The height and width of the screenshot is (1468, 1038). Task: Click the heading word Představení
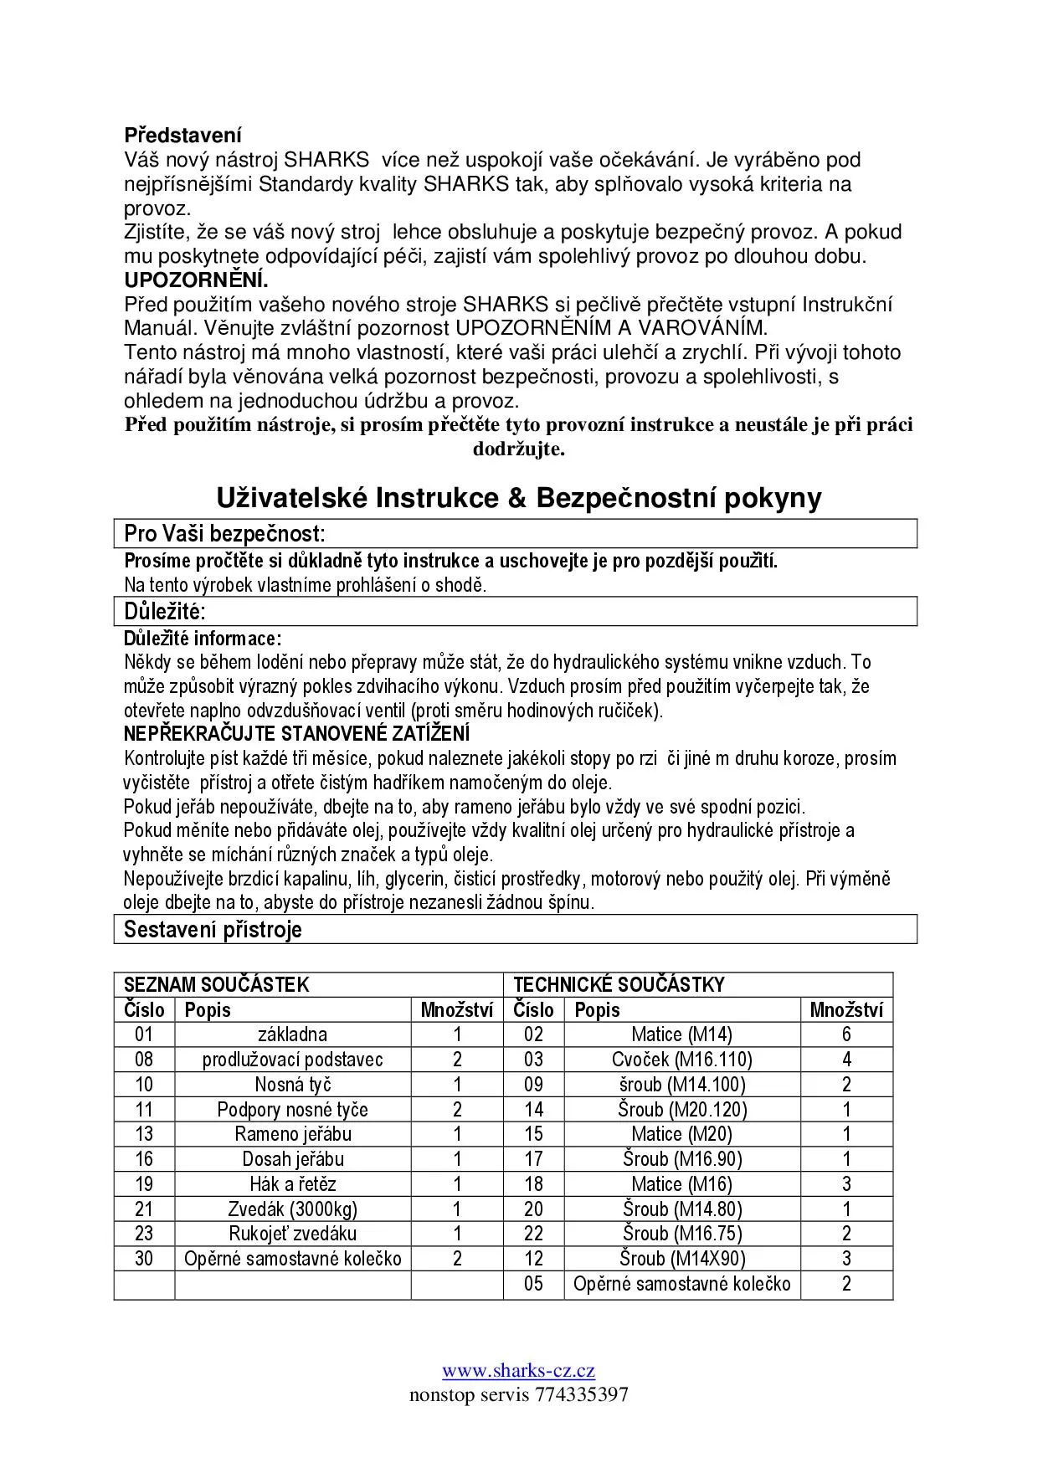[182, 135]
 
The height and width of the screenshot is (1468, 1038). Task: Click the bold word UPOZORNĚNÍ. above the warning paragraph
[196, 280]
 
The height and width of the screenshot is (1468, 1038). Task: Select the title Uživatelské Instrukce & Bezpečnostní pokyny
[519, 498]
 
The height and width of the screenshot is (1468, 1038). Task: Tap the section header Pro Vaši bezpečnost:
[224, 533]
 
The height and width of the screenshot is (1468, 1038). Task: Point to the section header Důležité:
[165, 611]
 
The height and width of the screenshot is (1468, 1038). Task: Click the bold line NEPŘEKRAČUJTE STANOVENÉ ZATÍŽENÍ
[296, 734]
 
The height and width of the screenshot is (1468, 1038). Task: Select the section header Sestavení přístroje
[213, 929]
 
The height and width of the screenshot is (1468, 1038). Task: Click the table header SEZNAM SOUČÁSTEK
[216, 984]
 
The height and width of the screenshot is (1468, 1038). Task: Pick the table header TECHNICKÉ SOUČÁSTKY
[619, 984]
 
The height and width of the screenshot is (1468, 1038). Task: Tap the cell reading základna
[292, 1034]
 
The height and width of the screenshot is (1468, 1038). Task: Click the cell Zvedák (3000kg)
[292, 1209]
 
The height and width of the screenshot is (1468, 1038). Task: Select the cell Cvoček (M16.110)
[681, 1060]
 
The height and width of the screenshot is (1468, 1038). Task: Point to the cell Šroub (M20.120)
[681, 1110]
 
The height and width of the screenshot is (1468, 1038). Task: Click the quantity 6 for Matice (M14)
[846, 1034]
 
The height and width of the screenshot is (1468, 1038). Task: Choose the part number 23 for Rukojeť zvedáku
[144, 1234]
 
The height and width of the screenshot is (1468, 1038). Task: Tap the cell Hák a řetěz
[292, 1184]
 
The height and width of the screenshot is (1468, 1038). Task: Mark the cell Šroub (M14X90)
[681, 1259]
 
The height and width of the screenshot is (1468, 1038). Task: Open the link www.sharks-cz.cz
[518, 1371]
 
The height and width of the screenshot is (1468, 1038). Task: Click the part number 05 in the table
[533, 1284]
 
